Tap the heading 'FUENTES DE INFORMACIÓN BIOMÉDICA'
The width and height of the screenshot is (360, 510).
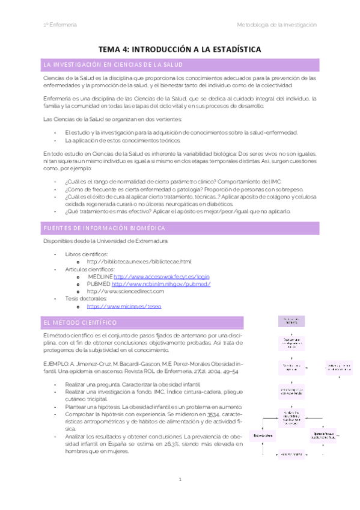point(99,228)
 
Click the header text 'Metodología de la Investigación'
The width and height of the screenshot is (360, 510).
point(276,24)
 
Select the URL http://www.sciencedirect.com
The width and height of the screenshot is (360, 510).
point(126,290)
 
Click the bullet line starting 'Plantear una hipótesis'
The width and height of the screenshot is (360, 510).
point(144,408)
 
